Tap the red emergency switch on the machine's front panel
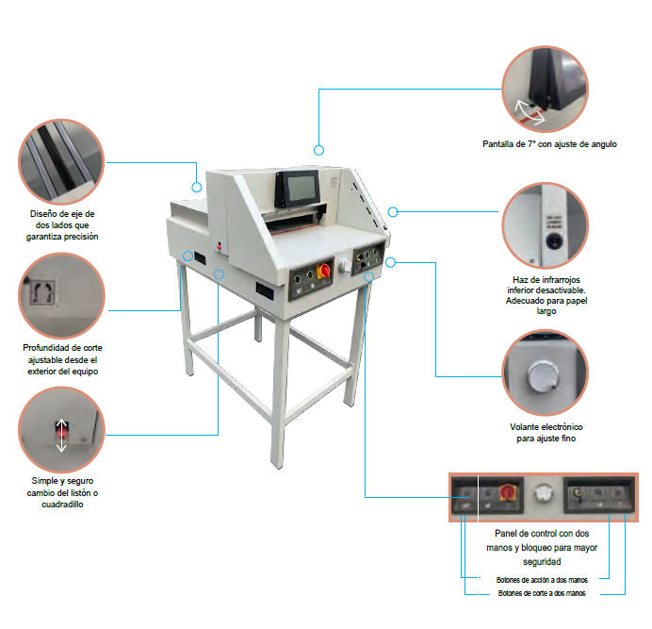(323, 271)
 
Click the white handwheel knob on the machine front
(345, 265)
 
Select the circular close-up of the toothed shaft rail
(61, 161)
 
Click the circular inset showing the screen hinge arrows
(546, 89)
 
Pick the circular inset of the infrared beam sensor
(546, 225)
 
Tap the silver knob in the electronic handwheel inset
(543, 376)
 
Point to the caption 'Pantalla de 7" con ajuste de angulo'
(549, 144)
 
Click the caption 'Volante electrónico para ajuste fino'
(546, 433)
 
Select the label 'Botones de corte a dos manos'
(542, 593)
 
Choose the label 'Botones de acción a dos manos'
(542, 580)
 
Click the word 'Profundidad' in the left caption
(46, 348)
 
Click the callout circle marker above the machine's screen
(318, 150)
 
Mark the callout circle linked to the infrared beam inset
(393, 212)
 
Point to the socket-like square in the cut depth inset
(43, 292)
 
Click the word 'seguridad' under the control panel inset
(542, 561)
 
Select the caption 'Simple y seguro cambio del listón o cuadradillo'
(62, 492)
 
